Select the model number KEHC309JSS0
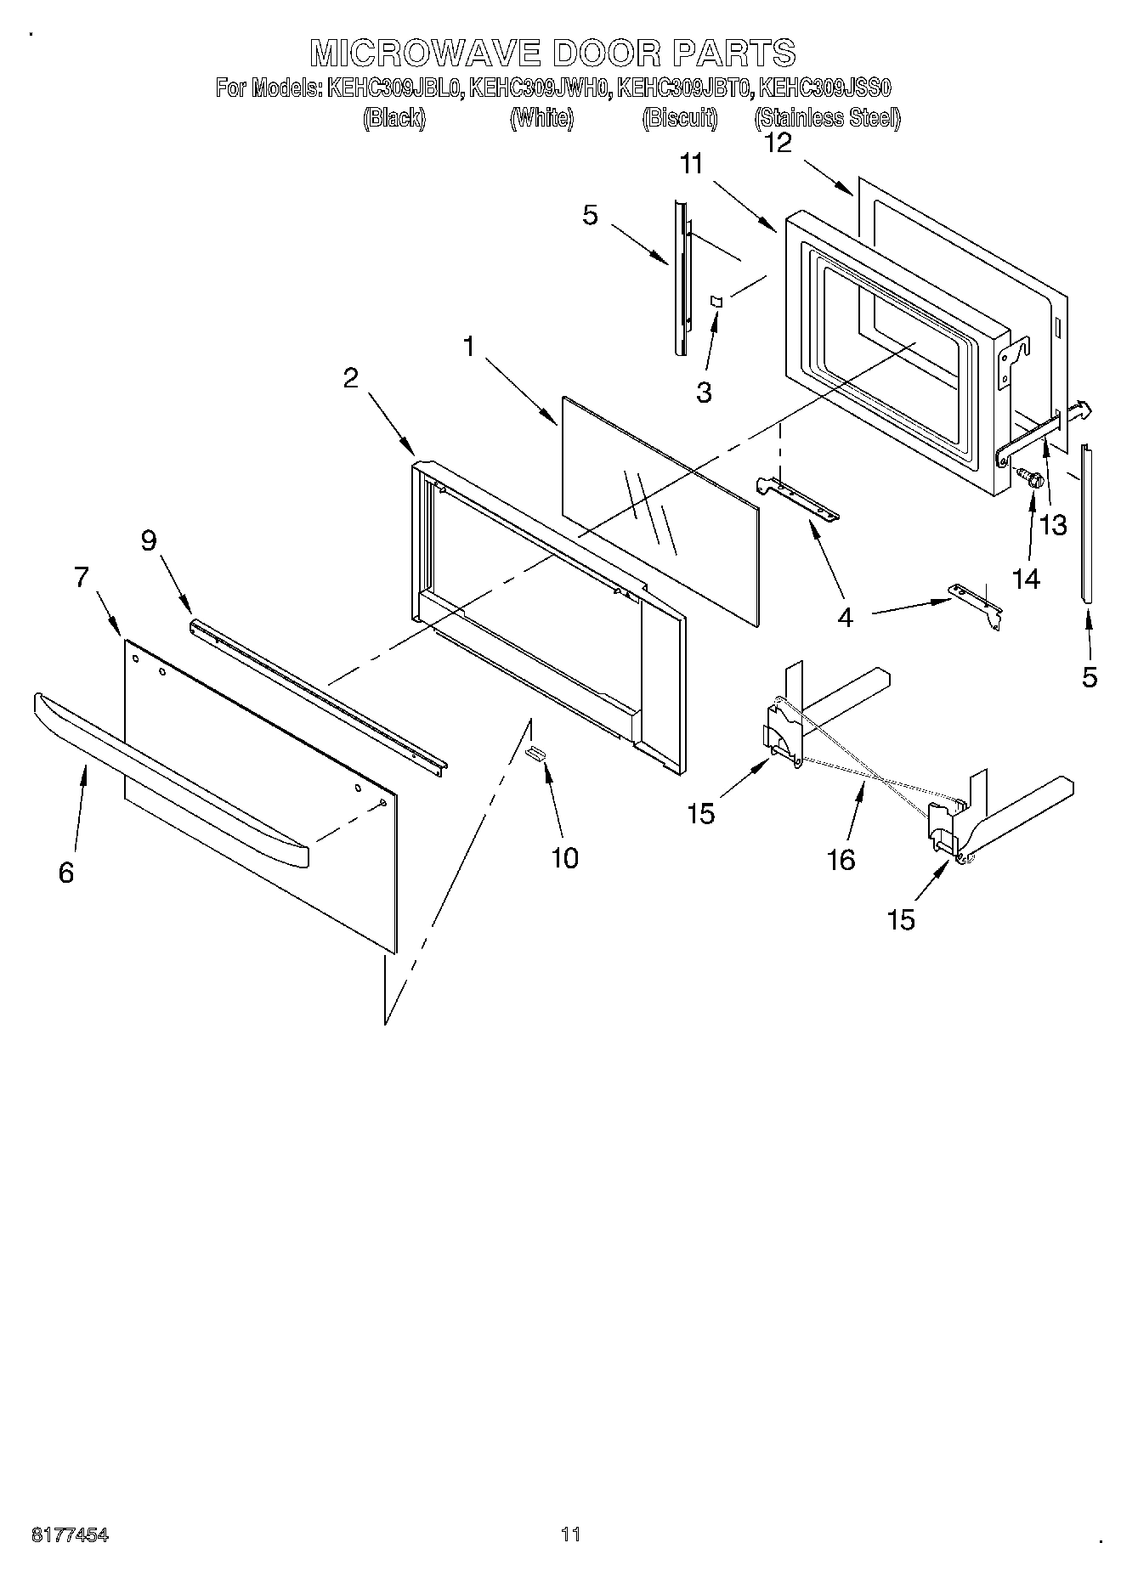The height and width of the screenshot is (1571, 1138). pyautogui.click(x=824, y=88)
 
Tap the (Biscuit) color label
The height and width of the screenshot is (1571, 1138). pyautogui.click(x=679, y=118)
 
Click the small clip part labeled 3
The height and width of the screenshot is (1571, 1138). pyautogui.click(x=716, y=301)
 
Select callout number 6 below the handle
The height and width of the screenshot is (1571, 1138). pyautogui.click(x=66, y=872)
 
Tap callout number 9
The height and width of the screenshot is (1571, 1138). pyautogui.click(x=149, y=540)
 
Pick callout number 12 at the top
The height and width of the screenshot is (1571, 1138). pyautogui.click(x=778, y=143)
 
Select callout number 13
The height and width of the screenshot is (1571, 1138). pyautogui.click(x=1053, y=525)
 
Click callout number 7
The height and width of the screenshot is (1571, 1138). pyautogui.click(x=81, y=577)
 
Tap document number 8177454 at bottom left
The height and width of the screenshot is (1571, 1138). pyautogui.click(x=70, y=1534)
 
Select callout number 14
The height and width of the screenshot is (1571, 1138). pyautogui.click(x=1026, y=579)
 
